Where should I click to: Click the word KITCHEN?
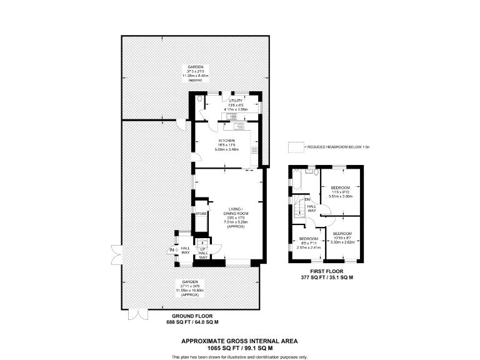(x=226, y=141)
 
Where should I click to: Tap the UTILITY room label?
(x=236, y=100)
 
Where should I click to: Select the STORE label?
(x=201, y=214)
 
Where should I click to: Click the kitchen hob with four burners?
(x=254, y=150)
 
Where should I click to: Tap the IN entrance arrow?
(x=171, y=250)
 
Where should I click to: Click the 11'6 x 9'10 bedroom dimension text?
(x=341, y=192)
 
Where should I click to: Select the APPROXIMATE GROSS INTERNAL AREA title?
(x=239, y=341)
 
